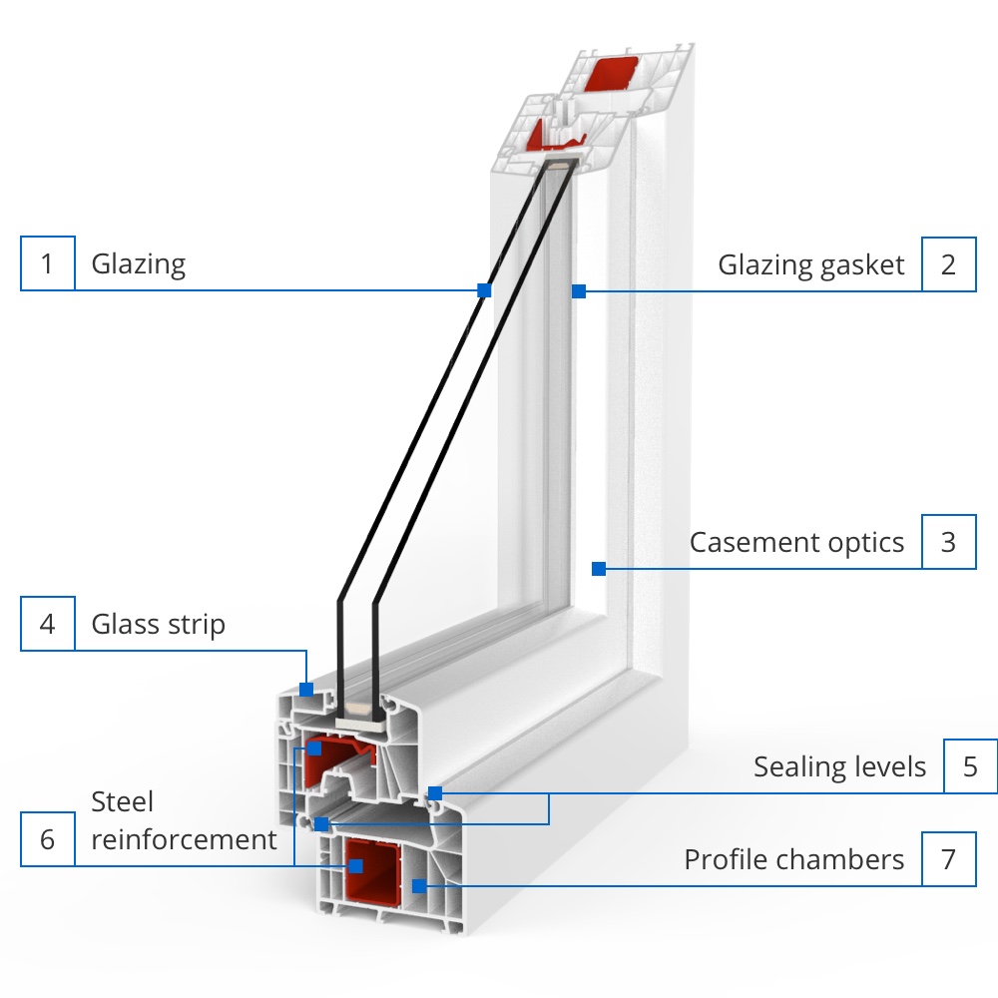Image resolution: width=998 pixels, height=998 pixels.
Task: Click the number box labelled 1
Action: point(47,263)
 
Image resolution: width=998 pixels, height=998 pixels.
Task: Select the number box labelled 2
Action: point(948,263)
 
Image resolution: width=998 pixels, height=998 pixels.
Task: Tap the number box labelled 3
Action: point(948,542)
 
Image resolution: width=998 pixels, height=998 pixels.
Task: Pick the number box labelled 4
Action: point(47,624)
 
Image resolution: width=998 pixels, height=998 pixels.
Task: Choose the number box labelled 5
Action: point(970,766)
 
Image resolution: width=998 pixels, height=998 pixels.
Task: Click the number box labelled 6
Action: point(47,839)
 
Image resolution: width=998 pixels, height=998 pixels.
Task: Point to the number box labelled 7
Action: point(948,858)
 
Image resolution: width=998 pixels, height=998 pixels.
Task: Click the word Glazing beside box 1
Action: point(139,264)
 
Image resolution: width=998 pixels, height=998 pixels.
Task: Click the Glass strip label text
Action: point(158,625)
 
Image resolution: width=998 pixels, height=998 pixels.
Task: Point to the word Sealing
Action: point(797,766)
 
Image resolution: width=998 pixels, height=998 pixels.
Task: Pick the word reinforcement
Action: point(184,839)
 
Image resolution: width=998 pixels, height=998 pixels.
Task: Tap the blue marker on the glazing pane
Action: point(484,290)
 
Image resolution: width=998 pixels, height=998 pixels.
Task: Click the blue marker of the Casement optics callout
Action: point(599,569)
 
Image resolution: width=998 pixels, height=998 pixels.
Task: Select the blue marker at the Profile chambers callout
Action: point(419,885)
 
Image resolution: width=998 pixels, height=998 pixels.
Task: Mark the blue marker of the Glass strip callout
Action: point(307,689)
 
